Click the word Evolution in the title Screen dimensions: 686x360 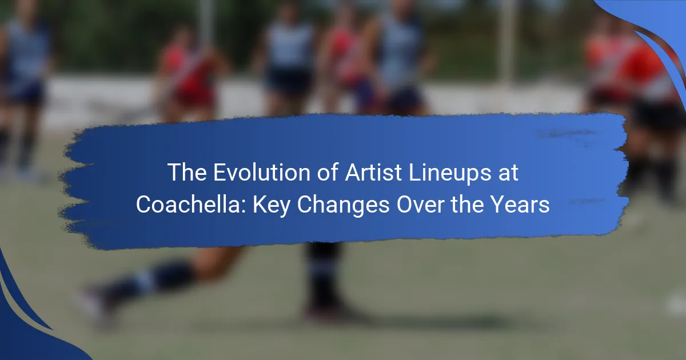(x=262, y=173)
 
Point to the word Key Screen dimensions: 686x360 (x=272, y=206)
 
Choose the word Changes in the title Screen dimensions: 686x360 (x=344, y=206)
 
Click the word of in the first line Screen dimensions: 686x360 (x=328, y=173)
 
